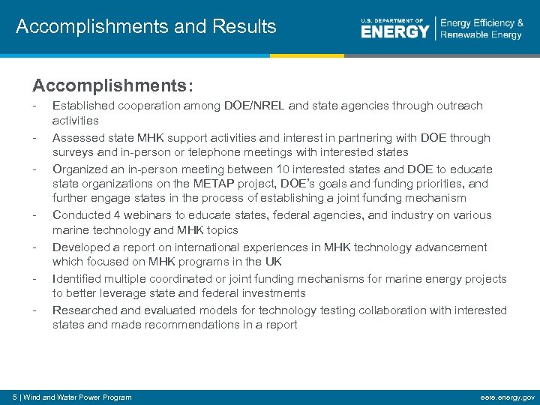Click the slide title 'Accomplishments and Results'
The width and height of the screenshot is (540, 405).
(x=146, y=28)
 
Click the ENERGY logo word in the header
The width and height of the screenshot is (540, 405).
(x=394, y=31)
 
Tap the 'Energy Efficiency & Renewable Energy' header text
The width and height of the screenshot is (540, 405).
(x=481, y=29)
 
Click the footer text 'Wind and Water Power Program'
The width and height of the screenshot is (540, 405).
(x=78, y=397)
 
